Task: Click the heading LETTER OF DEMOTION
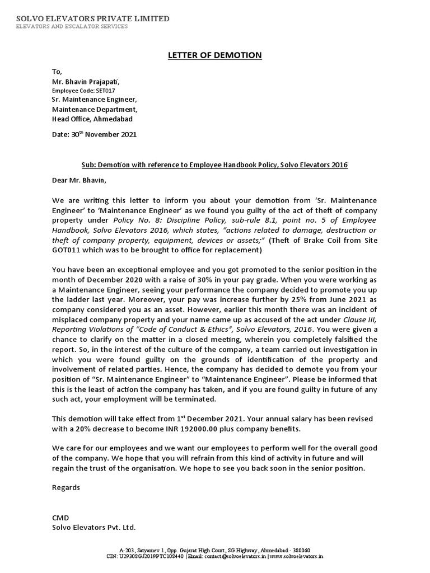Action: coord(215,55)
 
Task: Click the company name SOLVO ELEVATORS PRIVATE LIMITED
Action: coord(92,18)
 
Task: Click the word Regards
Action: coord(66,487)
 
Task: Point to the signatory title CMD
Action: coord(60,518)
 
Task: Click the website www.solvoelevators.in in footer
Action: coord(296,557)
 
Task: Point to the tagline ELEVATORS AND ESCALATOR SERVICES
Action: coord(72,26)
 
